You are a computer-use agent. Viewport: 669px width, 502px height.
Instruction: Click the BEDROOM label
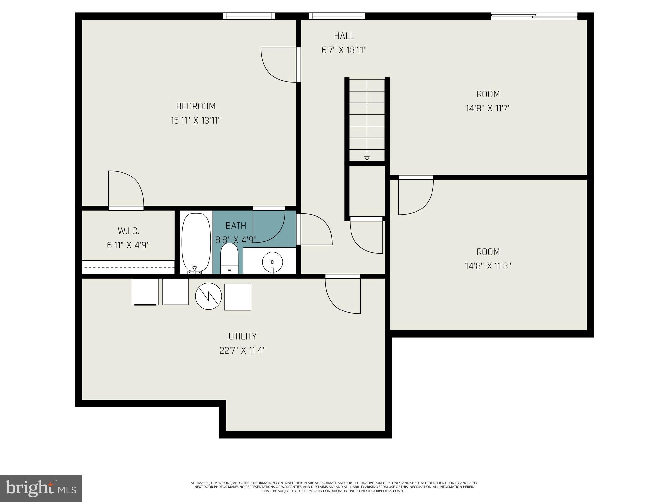click(196, 106)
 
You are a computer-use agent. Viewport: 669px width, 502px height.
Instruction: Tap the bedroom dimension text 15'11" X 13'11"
click(196, 121)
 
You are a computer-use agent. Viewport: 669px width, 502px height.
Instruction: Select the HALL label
click(344, 36)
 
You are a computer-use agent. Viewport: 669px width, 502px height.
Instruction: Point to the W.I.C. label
click(128, 231)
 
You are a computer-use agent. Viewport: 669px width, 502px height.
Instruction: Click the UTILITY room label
click(242, 336)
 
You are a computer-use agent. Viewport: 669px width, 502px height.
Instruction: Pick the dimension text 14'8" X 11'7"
click(488, 109)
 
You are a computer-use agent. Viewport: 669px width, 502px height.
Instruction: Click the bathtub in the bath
click(196, 242)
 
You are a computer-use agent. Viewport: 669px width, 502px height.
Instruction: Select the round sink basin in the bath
click(272, 262)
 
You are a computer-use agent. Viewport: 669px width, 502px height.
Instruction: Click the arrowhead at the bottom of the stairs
click(367, 159)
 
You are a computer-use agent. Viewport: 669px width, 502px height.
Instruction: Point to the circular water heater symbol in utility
click(208, 296)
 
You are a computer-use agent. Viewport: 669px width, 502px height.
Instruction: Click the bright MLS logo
click(41, 488)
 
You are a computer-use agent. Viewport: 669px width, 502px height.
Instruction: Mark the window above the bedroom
click(249, 16)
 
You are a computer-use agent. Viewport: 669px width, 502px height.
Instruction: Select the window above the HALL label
click(337, 16)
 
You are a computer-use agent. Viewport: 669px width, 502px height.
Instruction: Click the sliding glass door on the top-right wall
click(534, 16)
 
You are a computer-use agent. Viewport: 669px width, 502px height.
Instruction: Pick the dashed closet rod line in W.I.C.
click(128, 267)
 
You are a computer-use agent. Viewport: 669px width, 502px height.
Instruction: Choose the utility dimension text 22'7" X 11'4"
click(242, 351)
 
